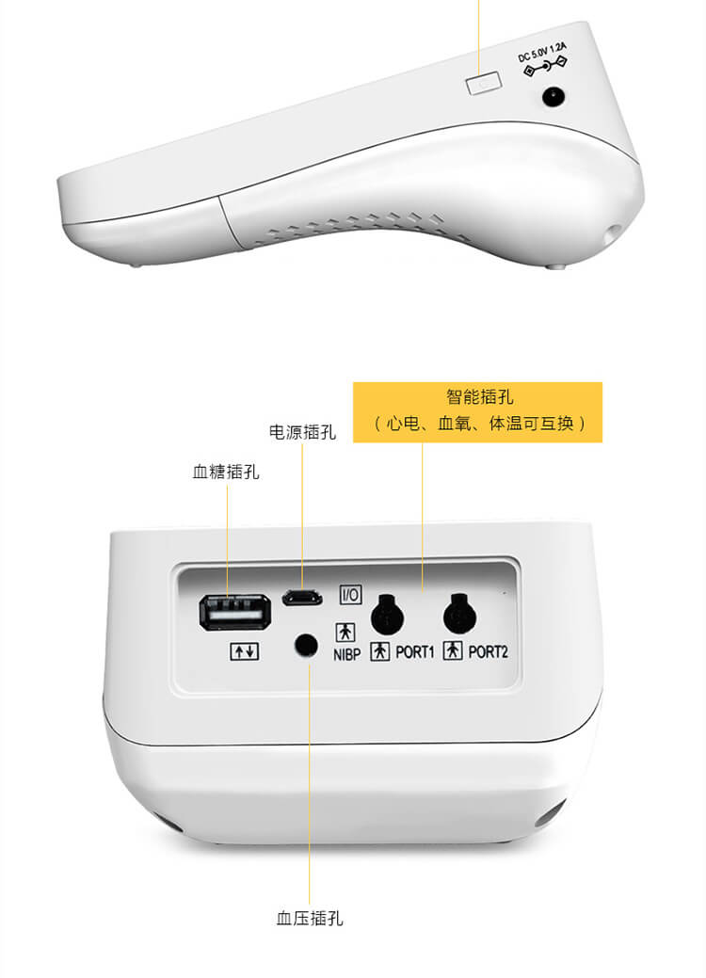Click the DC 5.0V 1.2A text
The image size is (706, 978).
pyautogui.click(x=542, y=53)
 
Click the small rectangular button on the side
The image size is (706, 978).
pyautogui.click(x=483, y=83)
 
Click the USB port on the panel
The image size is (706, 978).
pyautogui.click(x=235, y=612)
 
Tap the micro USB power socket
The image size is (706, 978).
pyautogui.click(x=302, y=598)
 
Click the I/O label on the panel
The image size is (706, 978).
pyautogui.click(x=350, y=594)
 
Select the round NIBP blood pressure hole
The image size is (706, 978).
pyautogui.click(x=305, y=645)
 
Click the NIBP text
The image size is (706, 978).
pyautogui.click(x=346, y=654)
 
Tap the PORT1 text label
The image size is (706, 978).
pyautogui.click(x=415, y=652)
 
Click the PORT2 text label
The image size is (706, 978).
pyautogui.click(x=489, y=651)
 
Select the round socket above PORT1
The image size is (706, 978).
pyautogui.click(x=387, y=615)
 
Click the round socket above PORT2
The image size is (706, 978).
pyautogui.click(x=459, y=614)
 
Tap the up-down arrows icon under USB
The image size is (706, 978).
pyautogui.click(x=245, y=651)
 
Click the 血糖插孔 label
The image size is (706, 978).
pyautogui.click(x=226, y=472)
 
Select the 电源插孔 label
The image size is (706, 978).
pyautogui.click(x=302, y=432)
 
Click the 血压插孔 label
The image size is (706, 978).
pyautogui.click(x=310, y=918)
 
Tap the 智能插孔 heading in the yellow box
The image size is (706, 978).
pyautogui.click(x=479, y=396)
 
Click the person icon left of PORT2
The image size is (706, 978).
pyautogui.click(x=453, y=650)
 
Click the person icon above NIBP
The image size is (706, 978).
pyautogui.click(x=345, y=633)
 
